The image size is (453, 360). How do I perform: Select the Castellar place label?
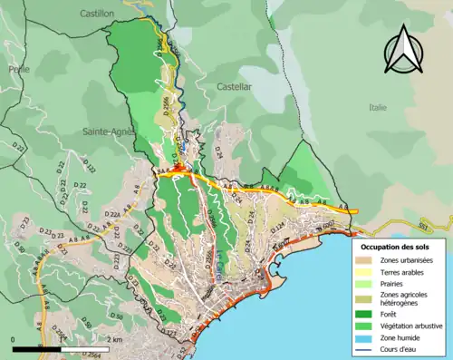tap(235, 86)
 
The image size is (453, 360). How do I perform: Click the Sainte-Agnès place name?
tap(109, 131)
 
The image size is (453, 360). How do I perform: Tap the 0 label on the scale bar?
tap(14, 339)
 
